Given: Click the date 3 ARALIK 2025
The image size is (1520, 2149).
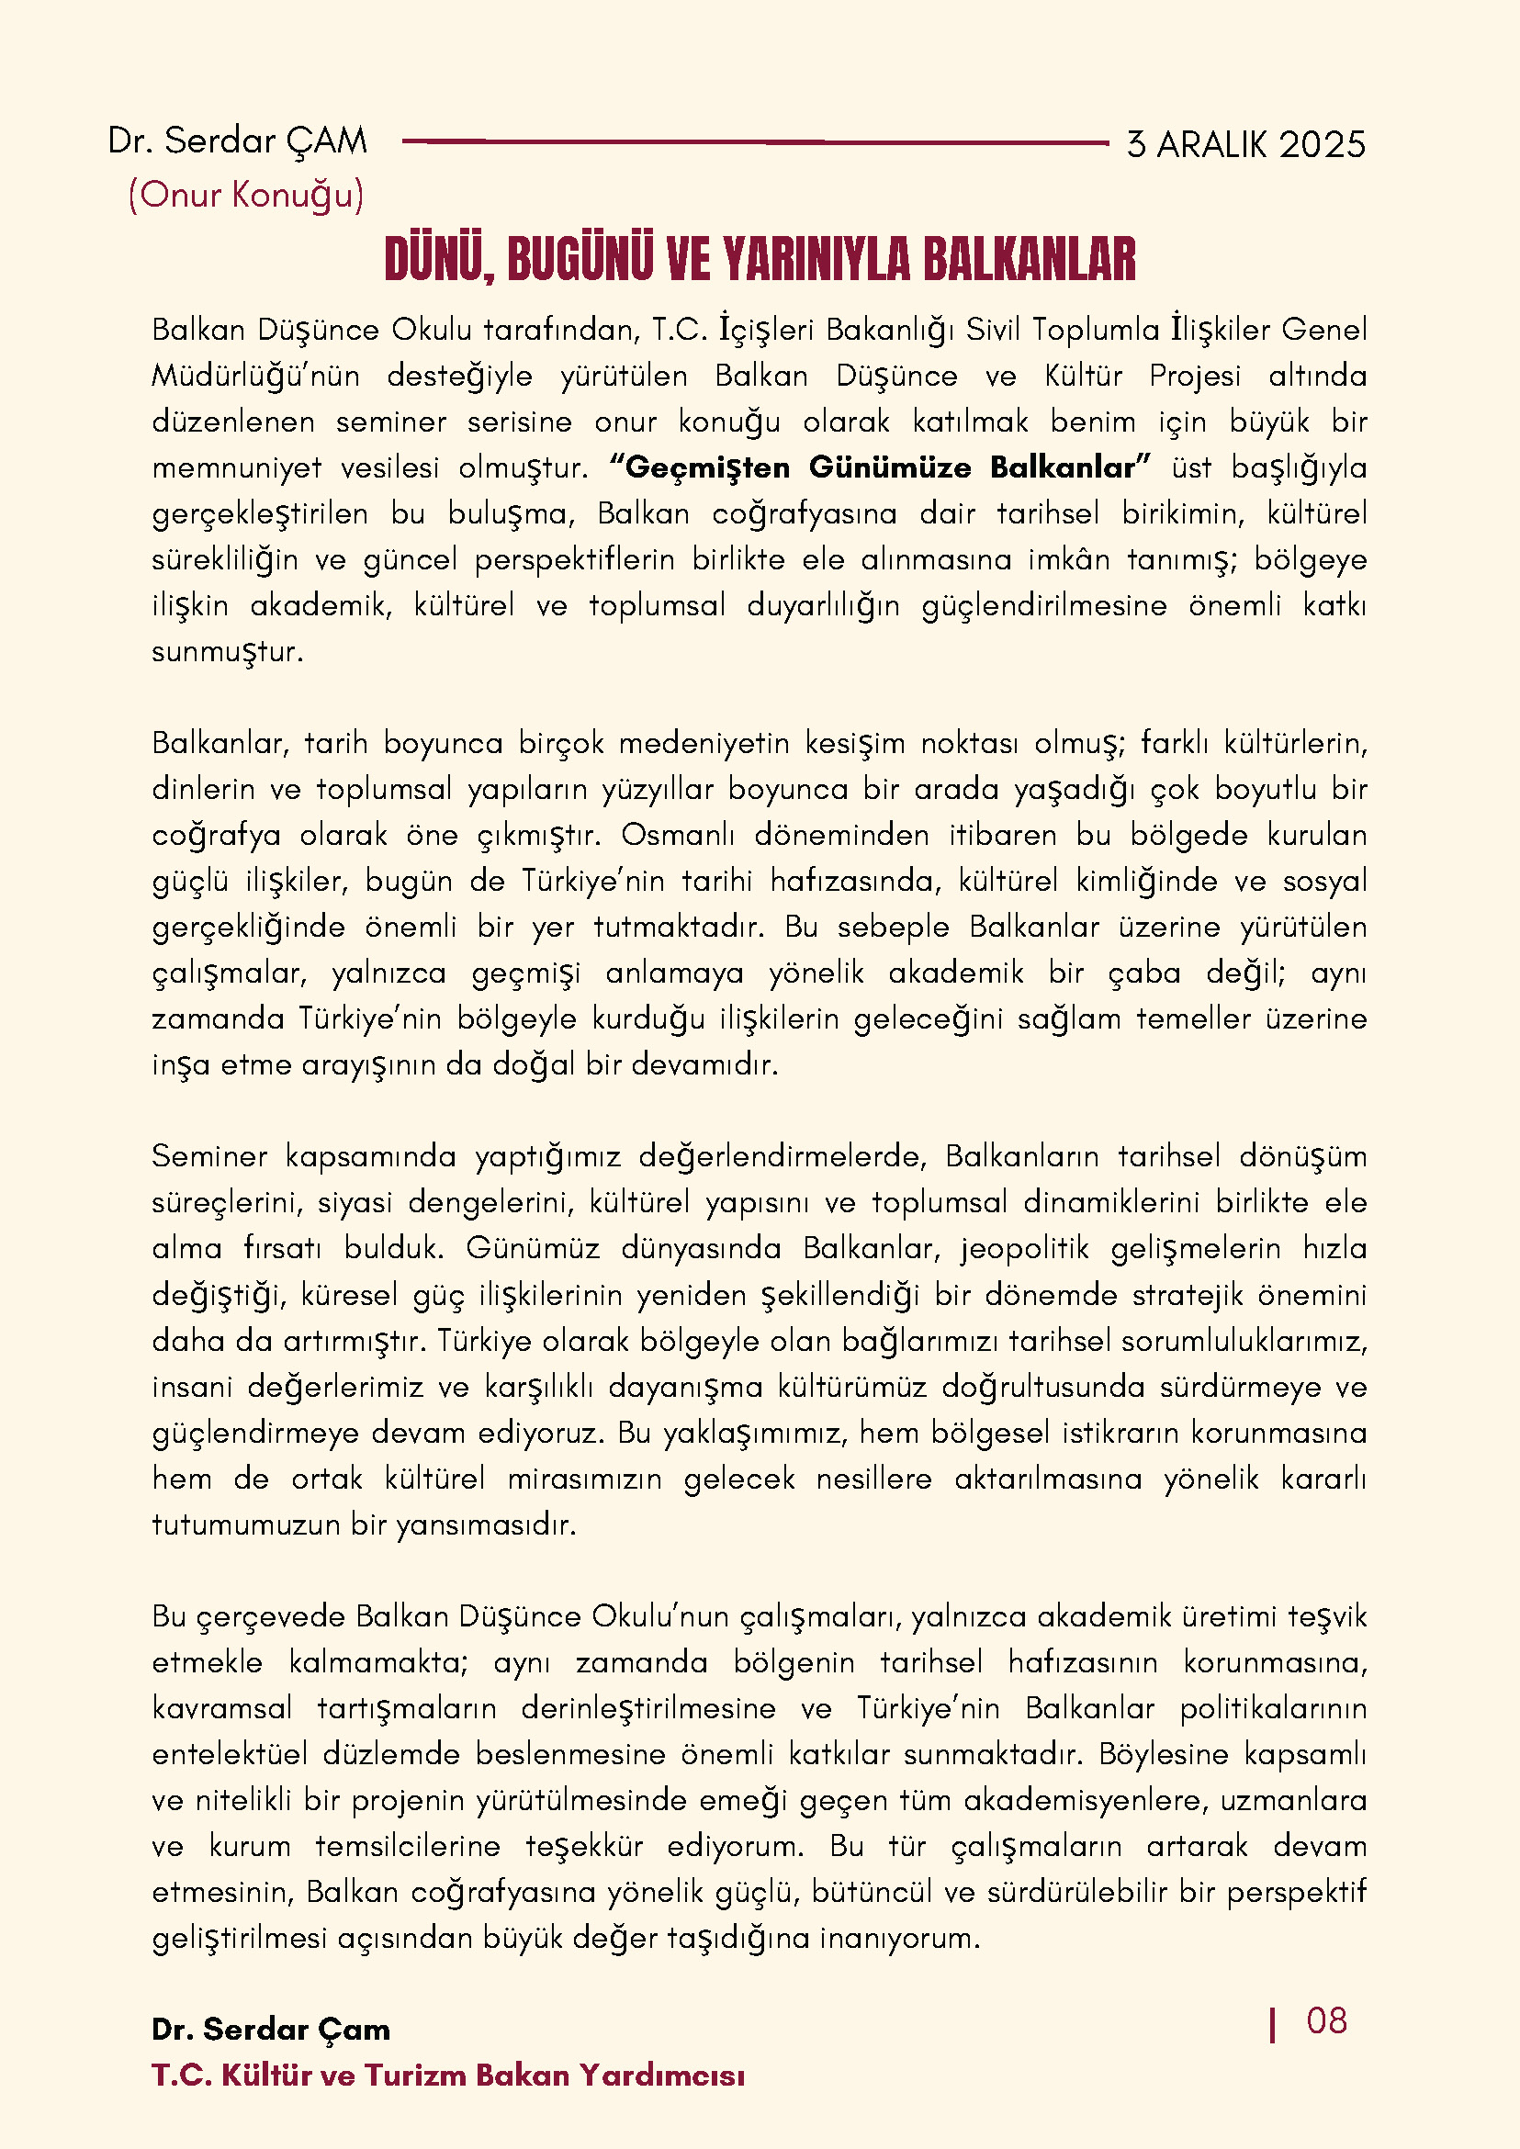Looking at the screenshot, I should tap(1245, 145).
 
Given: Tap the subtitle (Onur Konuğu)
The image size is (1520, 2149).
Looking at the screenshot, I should tap(246, 195).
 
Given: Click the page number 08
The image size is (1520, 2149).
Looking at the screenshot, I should tap(1326, 2020).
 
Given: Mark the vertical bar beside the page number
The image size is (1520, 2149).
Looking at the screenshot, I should tap(1272, 2024).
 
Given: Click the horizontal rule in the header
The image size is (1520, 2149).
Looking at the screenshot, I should tap(754, 142).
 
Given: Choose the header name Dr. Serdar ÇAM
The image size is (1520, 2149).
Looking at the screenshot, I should tap(238, 141).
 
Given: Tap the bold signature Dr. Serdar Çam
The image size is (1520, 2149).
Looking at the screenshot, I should tap(271, 2030).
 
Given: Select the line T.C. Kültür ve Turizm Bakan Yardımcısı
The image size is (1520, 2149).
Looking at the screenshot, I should tap(448, 2075).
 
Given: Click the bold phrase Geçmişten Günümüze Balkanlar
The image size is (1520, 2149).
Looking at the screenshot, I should tap(880, 467).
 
